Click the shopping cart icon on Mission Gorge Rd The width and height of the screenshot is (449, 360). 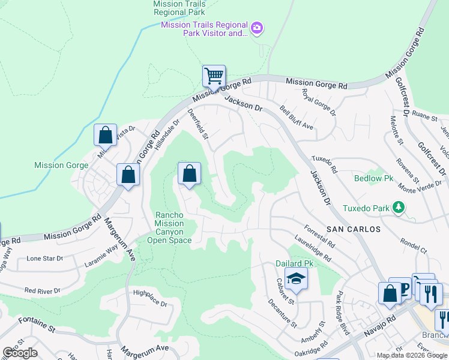point(213,76)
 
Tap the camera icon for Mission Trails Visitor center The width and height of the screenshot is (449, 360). point(257,28)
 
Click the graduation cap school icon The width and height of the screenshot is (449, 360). point(296,279)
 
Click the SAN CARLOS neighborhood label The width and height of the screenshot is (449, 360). point(354,229)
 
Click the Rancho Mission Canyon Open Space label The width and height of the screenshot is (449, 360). point(173,227)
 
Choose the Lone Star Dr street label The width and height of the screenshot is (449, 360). point(45,259)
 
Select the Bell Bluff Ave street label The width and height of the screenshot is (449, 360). point(297,118)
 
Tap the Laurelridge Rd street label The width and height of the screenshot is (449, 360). point(313,247)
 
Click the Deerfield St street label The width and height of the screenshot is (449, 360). point(197,124)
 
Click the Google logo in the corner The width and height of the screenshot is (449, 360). point(19,353)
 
